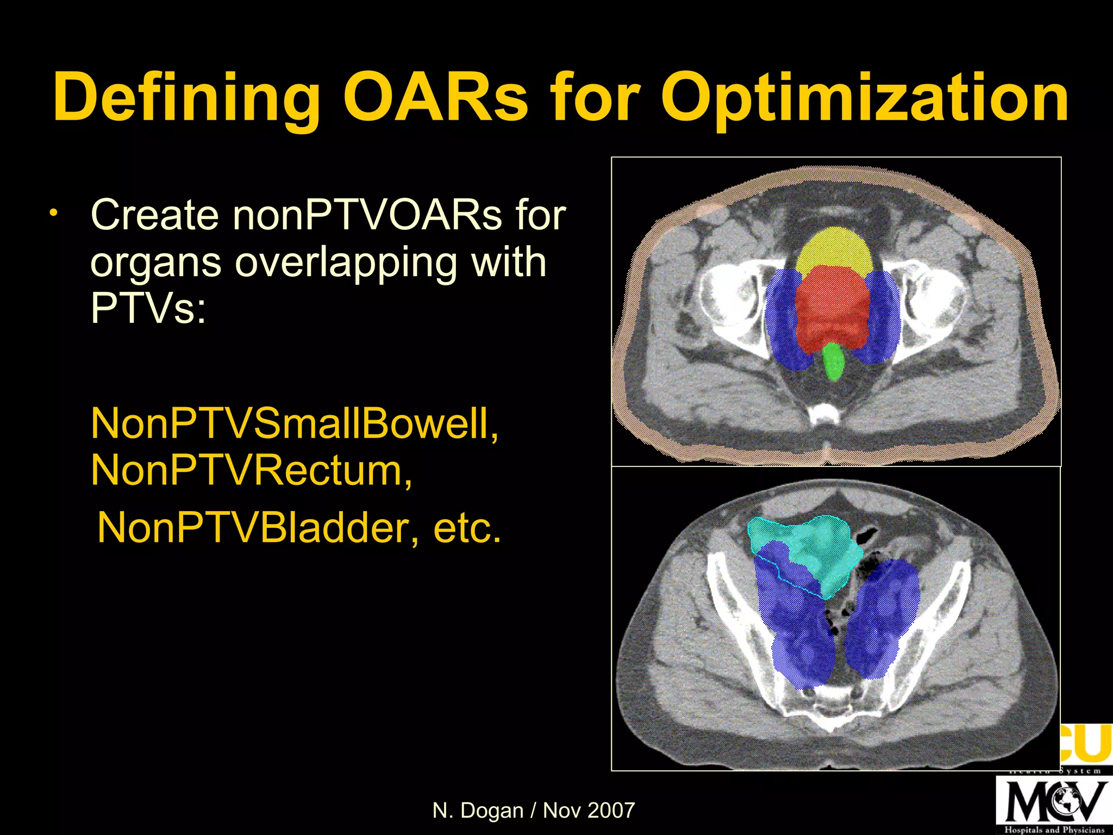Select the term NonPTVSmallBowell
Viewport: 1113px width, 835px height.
pyautogui.click(x=293, y=423)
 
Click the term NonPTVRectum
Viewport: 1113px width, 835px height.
pyautogui.click(x=251, y=470)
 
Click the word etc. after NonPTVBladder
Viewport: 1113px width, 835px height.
pyautogui.click(x=467, y=528)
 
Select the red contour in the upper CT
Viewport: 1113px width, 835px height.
pyautogui.click(x=831, y=310)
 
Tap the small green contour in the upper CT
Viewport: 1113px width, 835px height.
pyautogui.click(x=833, y=362)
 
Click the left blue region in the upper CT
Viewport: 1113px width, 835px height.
pyautogui.click(x=783, y=321)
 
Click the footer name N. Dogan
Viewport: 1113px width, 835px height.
pyautogui.click(x=478, y=811)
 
